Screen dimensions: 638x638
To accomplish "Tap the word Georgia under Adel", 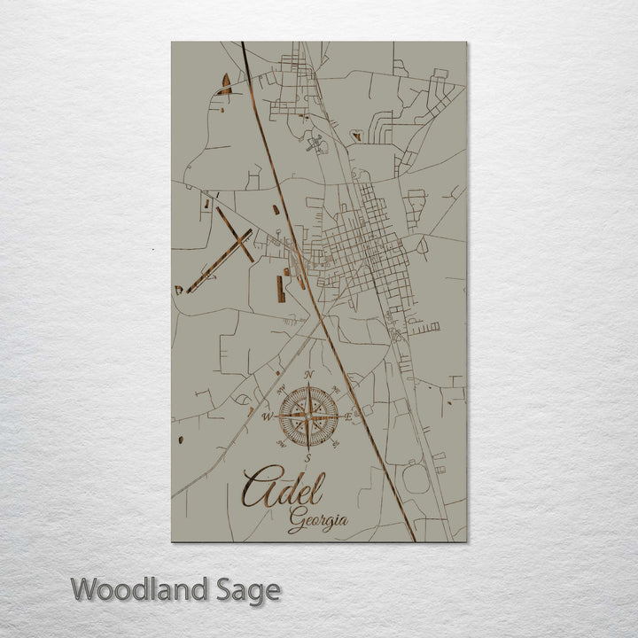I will point(317,522).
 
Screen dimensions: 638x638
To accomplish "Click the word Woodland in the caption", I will point(140,589).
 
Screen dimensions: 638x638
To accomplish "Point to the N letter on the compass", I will point(308,376).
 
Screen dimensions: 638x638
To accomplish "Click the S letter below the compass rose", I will point(307,457).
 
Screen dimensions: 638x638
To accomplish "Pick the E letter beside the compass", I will point(348,416).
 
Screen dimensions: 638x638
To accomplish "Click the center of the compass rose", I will point(308,416).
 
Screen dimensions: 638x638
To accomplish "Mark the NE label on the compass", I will point(337,388).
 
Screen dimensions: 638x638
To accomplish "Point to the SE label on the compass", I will point(336,443).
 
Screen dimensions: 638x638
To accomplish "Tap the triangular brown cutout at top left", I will point(226,85).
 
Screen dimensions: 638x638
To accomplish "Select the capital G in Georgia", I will point(295,523).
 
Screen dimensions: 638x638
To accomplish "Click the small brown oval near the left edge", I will point(180,440).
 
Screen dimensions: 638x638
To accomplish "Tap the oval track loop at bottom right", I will point(416,478).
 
